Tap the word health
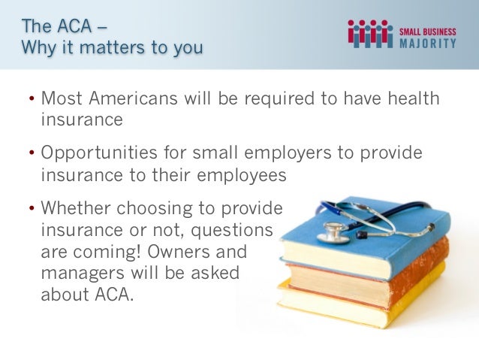405,99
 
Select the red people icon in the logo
370,34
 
